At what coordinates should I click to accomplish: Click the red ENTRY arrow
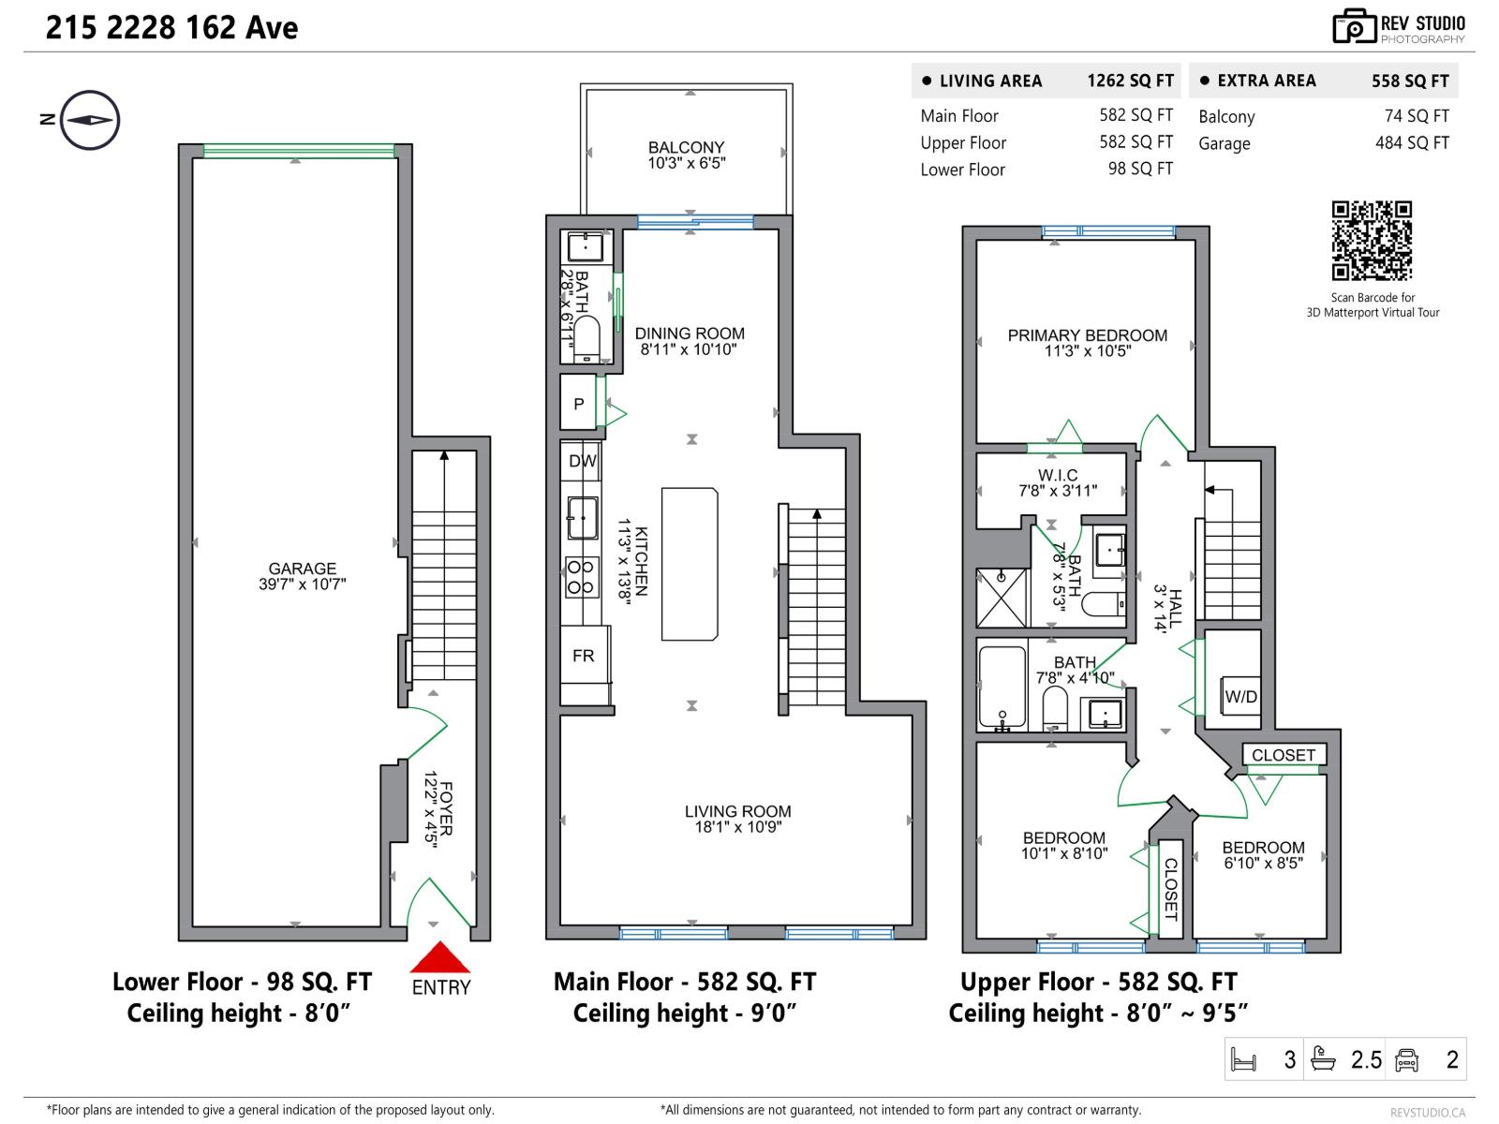[440, 959]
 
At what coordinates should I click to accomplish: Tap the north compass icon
[90, 120]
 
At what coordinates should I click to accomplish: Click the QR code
[1372, 241]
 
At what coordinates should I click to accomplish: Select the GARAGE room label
[302, 569]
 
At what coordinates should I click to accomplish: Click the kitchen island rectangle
[690, 564]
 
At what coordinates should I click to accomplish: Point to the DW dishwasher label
[582, 461]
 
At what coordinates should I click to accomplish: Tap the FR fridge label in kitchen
[583, 656]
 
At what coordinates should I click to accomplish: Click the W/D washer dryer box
[1240, 696]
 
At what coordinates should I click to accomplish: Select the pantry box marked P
[579, 404]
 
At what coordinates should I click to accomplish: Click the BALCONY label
[686, 148]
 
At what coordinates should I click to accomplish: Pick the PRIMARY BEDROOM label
[1087, 335]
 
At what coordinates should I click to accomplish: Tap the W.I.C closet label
[1057, 475]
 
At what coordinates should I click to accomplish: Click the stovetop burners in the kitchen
[581, 577]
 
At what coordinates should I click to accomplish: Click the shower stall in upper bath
[1002, 598]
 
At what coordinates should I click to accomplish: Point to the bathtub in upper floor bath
[1002, 688]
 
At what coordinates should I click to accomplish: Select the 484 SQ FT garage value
[1411, 143]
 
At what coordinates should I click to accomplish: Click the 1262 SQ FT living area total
[1130, 81]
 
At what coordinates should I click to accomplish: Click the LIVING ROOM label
[737, 811]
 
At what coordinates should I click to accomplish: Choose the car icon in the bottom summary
[1406, 1059]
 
